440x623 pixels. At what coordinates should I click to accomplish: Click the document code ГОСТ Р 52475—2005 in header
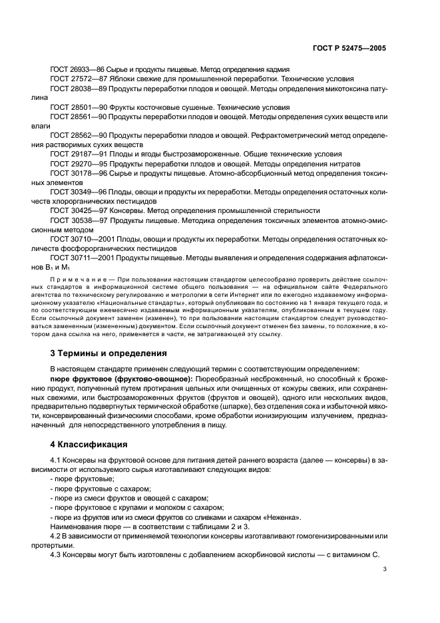coord(349,49)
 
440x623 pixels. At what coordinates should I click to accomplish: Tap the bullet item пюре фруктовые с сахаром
coord(92,489)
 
